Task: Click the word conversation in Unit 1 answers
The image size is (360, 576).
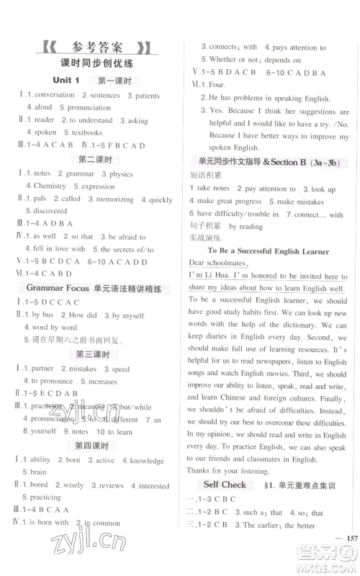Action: [x=54, y=94]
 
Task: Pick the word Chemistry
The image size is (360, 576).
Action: [x=49, y=186]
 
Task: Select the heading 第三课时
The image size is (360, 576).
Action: [x=96, y=354]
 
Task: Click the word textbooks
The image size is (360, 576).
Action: [x=86, y=132]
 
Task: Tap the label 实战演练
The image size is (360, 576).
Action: [x=204, y=238]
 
